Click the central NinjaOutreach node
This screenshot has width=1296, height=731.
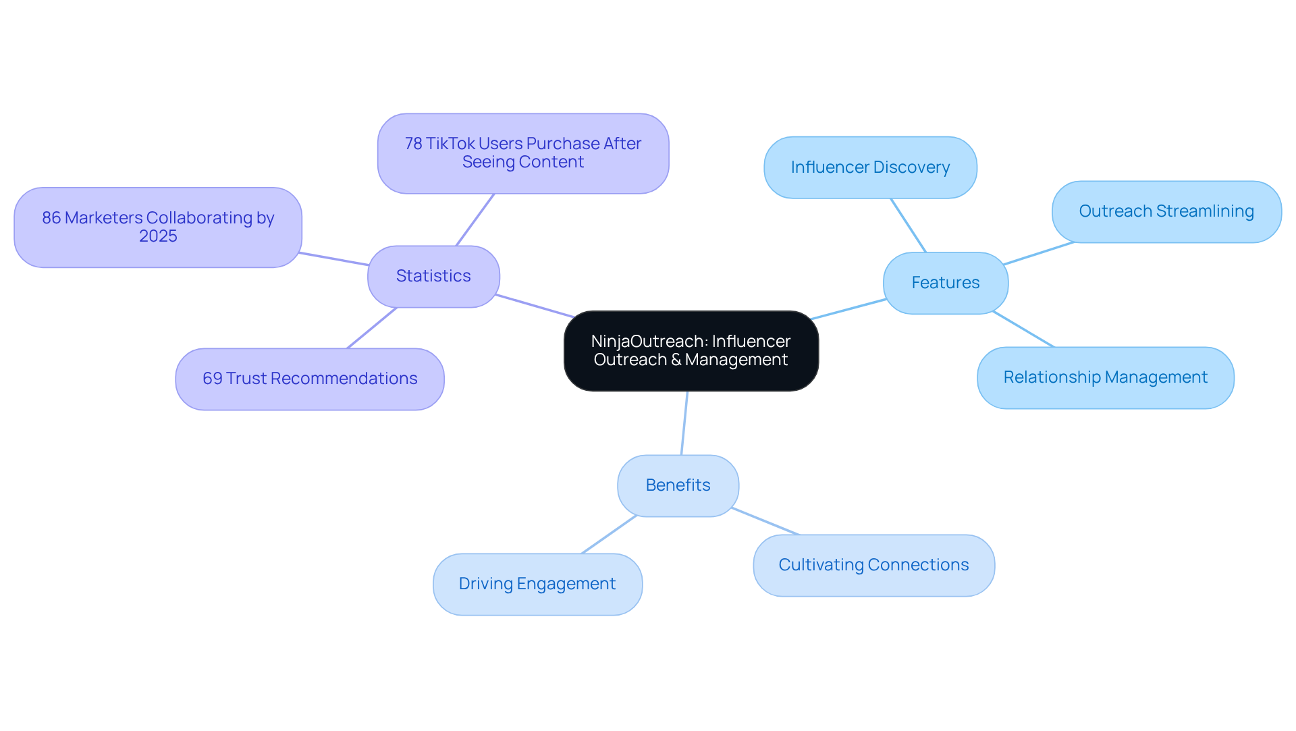click(691, 350)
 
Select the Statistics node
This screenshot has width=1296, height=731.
click(433, 276)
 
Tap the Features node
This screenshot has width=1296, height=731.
click(945, 283)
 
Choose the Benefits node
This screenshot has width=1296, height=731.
click(678, 485)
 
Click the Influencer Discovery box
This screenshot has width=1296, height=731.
click(870, 167)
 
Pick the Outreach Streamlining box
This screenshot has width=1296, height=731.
click(1166, 211)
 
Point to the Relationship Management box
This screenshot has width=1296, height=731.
click(1105, 377)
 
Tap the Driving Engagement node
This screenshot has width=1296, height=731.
click(537, 584)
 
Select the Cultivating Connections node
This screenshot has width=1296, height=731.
click(873, 565)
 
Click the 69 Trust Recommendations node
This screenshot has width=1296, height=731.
click(310, 379)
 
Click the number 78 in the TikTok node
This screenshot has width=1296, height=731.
click(413, 144)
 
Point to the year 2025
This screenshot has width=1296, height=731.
click(158, 236)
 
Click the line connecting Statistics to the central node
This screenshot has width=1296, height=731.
click(535, 306)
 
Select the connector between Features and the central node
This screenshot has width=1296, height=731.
click(848, 309)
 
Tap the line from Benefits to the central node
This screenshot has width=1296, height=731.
click(684, 423)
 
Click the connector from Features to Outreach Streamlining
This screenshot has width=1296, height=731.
click(1038, 253)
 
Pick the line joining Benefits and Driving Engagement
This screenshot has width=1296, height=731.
click(609, 535)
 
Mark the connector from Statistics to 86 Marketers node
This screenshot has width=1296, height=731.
click(335, 259)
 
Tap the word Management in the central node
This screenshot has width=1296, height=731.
click(736, 360)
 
